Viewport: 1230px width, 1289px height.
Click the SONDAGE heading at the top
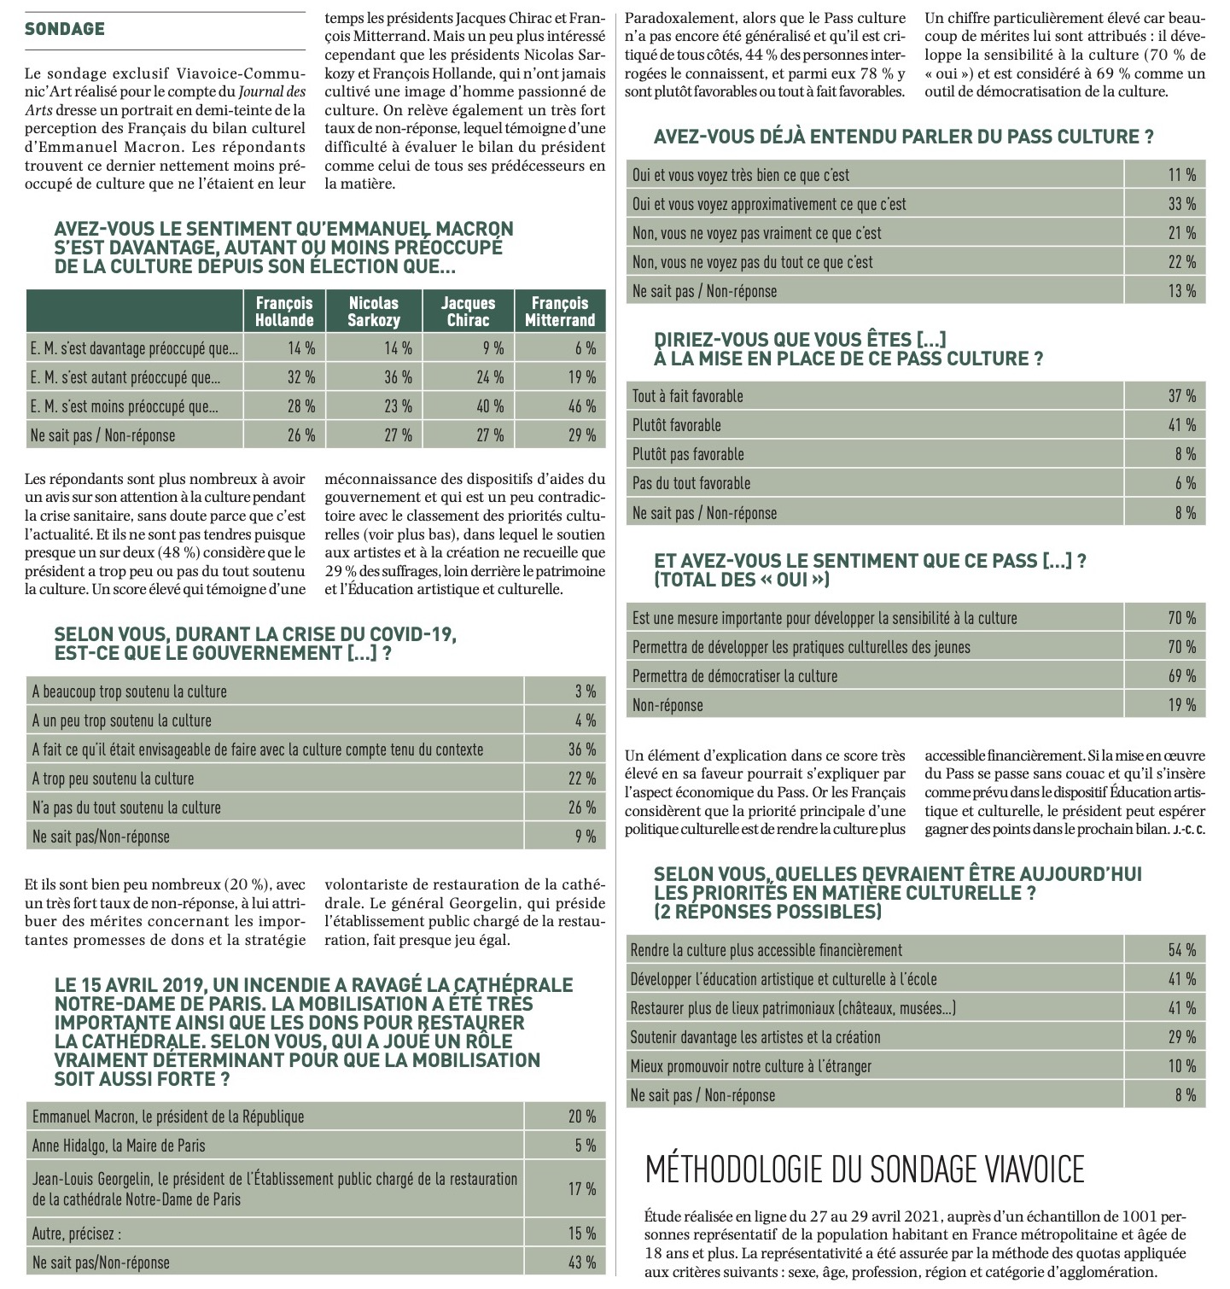point(65,29)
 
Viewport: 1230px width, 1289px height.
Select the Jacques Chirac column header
point(468,312)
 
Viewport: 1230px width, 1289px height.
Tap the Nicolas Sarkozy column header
point(373,312)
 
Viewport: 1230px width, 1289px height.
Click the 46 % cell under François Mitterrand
point(581,406)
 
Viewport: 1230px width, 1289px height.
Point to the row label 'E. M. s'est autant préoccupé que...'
point(125,377)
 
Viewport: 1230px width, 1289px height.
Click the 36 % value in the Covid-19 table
point(582,749)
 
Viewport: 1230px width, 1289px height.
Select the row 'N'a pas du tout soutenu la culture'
point(126,808)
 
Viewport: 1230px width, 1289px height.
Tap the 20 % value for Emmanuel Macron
point(582,1117)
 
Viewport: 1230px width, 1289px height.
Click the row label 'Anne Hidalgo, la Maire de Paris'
point(119,1146)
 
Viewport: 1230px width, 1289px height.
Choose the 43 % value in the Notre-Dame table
point(582,1262)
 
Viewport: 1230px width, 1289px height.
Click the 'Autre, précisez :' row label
point(77,1233)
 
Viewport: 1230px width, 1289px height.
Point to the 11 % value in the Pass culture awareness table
point(1181,175)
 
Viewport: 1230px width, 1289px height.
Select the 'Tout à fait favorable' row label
point(688,396)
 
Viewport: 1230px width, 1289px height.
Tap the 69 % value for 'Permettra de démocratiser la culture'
point(1181,676)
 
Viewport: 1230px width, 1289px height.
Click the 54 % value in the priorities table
point(1181,950)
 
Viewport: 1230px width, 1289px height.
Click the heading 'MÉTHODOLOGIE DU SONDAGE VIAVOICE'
point(865,1169)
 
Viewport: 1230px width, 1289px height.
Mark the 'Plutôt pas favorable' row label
point(688,454)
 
